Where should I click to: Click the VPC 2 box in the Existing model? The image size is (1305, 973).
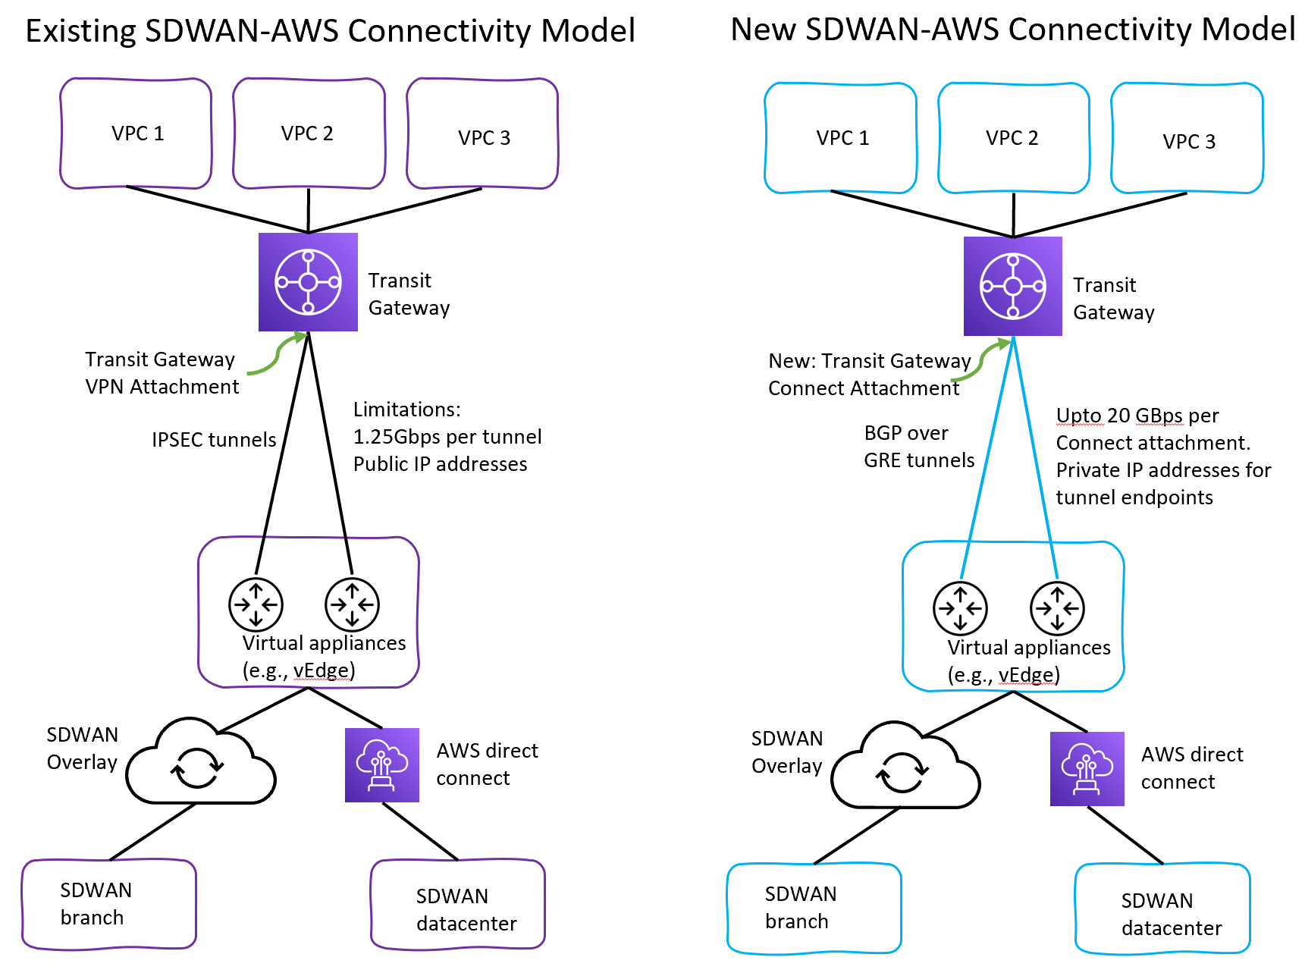pos(309,133)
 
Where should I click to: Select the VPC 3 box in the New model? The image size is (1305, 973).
pos(1187,139)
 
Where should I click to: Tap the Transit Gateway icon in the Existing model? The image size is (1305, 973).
pos(308,282)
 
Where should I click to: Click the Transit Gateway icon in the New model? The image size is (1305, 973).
pos(1013,286)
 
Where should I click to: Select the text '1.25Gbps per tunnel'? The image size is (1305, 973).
pos(447,437)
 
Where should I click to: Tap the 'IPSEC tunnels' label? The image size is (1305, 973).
pos(214,440)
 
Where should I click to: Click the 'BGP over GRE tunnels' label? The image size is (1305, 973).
pos(918,447)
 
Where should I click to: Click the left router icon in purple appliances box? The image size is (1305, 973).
pos(256,604)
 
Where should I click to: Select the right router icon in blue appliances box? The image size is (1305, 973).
pos(1057,608)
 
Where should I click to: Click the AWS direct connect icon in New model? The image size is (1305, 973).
pos(1087,768)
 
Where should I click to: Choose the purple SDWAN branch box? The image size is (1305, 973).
pos(109,904)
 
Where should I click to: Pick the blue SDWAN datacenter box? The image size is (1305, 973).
pos(1162,909)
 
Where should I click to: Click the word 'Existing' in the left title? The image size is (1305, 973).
pos(80,31)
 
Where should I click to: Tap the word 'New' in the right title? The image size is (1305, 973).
pos(763,30)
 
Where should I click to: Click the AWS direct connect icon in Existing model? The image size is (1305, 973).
pos(382,764)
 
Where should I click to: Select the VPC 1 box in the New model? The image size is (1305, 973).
pos(841,138)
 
